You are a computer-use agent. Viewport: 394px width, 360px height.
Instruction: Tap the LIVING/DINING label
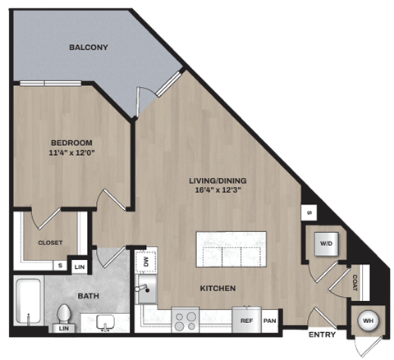[x=218, y=181]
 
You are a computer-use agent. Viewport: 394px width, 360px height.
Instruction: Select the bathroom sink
[x=105, y=321]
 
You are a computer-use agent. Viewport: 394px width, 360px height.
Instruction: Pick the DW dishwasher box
[x=145, y=262]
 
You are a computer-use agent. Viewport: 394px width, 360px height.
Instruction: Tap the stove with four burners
[x=186, y=319]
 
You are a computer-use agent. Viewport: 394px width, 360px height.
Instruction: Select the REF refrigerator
[x=245, y=321]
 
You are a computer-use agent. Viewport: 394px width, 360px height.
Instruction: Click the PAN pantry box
[x=269, y=321]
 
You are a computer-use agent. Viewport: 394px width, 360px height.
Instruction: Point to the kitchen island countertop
[x=231, y=249]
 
